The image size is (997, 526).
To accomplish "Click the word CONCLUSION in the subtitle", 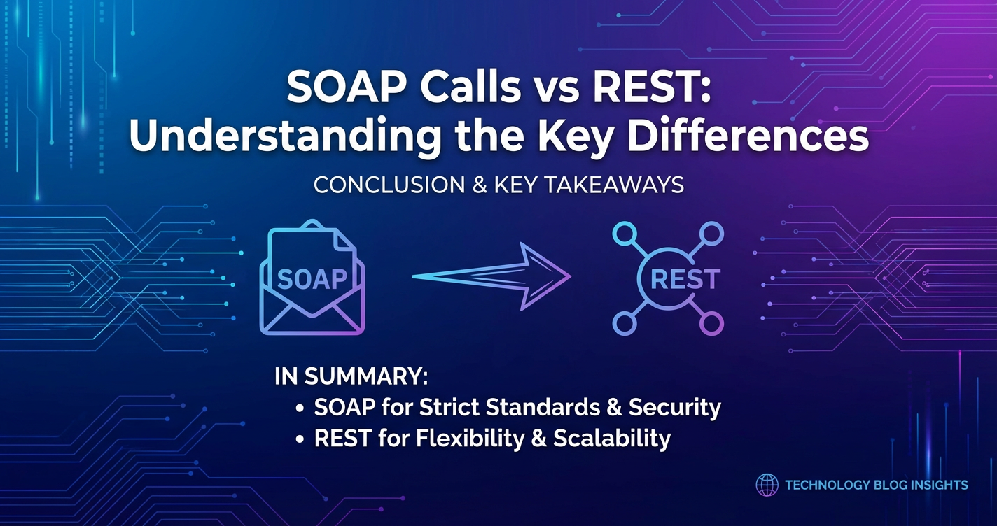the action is tap(389, 185).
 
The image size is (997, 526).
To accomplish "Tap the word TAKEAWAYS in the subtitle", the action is tap(615, 185).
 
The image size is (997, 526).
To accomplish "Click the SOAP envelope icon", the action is tap(312, 277).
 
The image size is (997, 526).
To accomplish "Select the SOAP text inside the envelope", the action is tap(312, 280).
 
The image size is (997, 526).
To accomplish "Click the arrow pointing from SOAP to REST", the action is tap(491, 276).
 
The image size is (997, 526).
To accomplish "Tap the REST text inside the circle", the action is tap(685, 279).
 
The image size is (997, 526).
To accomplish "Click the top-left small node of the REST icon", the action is tap(625, 234).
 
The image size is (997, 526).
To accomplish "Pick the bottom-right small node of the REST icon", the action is tap(711, 322).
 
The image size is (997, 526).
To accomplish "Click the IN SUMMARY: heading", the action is tap(351, 376).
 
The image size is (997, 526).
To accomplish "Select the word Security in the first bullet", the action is tap(674, 408).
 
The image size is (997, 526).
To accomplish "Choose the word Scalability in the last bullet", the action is tap(611, 439).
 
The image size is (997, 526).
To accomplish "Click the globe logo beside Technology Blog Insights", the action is tap(767, 485).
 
